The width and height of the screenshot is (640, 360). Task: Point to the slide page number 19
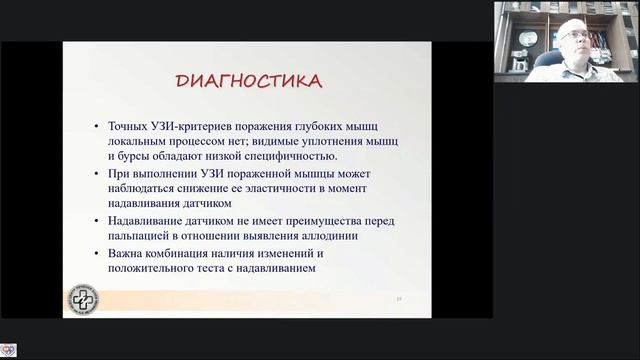click(398, 297)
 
